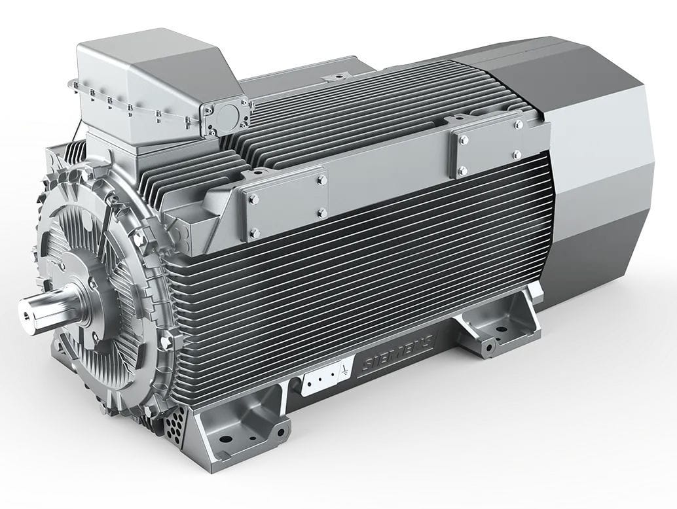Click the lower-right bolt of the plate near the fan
(517, 154)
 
